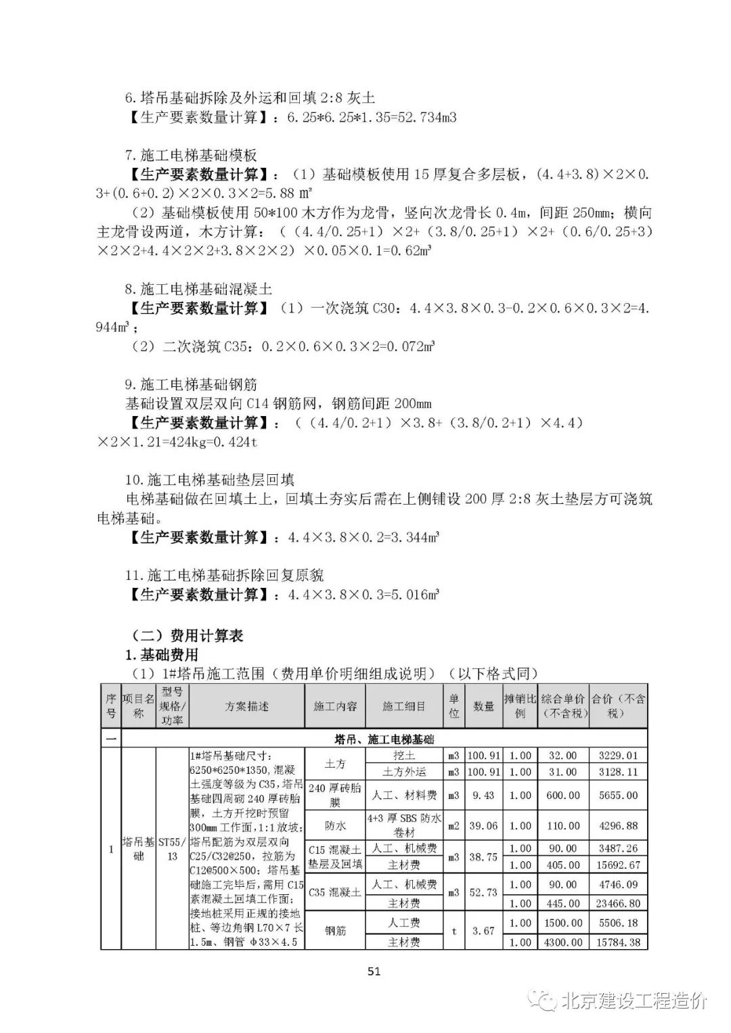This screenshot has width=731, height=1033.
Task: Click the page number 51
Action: (x=374, y=971)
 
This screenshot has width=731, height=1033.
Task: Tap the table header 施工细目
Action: (x=404, y=706)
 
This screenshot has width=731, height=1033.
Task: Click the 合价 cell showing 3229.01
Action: (x=618, y=755)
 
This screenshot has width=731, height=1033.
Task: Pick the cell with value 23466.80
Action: (x=618, y=903)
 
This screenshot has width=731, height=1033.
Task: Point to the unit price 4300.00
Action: (x=563, y=942)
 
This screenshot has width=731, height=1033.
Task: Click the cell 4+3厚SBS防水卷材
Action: (x=404, y=825)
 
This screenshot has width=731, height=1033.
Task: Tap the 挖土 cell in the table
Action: (x=404, y=755)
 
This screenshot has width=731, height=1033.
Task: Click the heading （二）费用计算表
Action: (x=187, y=635)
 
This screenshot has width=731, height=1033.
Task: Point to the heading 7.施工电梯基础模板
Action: (x=191, y=156)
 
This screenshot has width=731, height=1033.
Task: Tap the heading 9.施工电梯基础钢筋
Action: (x=191, y=384)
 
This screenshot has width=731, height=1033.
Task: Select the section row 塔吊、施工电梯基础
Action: (x=384, y=739)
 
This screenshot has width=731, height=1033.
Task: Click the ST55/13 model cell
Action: (x=172, y=849)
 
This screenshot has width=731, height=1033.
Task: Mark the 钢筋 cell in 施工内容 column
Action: (x=335, y=931)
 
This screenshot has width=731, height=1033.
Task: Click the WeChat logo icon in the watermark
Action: (x=541, y=1001)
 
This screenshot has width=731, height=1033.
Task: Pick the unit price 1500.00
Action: (x=563, y=923)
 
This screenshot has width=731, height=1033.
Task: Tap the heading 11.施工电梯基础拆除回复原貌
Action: (x=224, y=575)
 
